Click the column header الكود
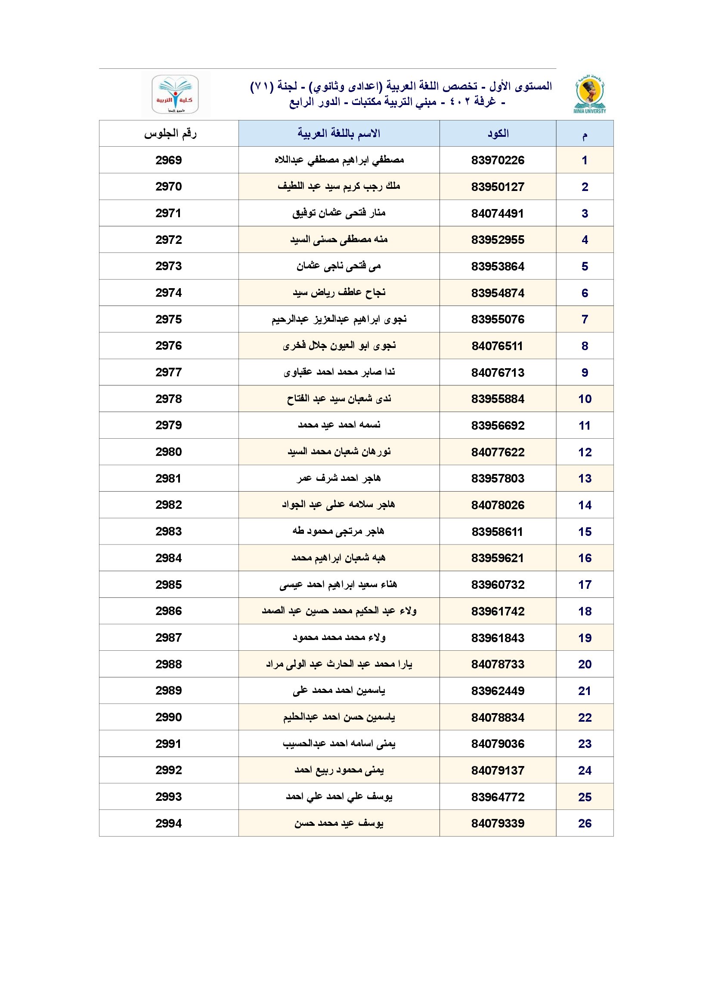(498, 134)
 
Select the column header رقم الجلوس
(170, 134)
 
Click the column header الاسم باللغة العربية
(339, 134)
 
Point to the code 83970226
(498, 160)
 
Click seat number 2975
(169, 320)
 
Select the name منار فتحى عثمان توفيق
(339, 213)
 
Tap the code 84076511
(498, 346)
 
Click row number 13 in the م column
(585, 478)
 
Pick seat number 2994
(169, 823)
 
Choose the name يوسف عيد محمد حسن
(339, 823)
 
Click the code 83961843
(498, 638)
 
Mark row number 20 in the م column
(585, 664)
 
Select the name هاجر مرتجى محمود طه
(339, 532)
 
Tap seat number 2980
(169, 452)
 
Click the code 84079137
(498, 770)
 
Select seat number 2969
(169, 160)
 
